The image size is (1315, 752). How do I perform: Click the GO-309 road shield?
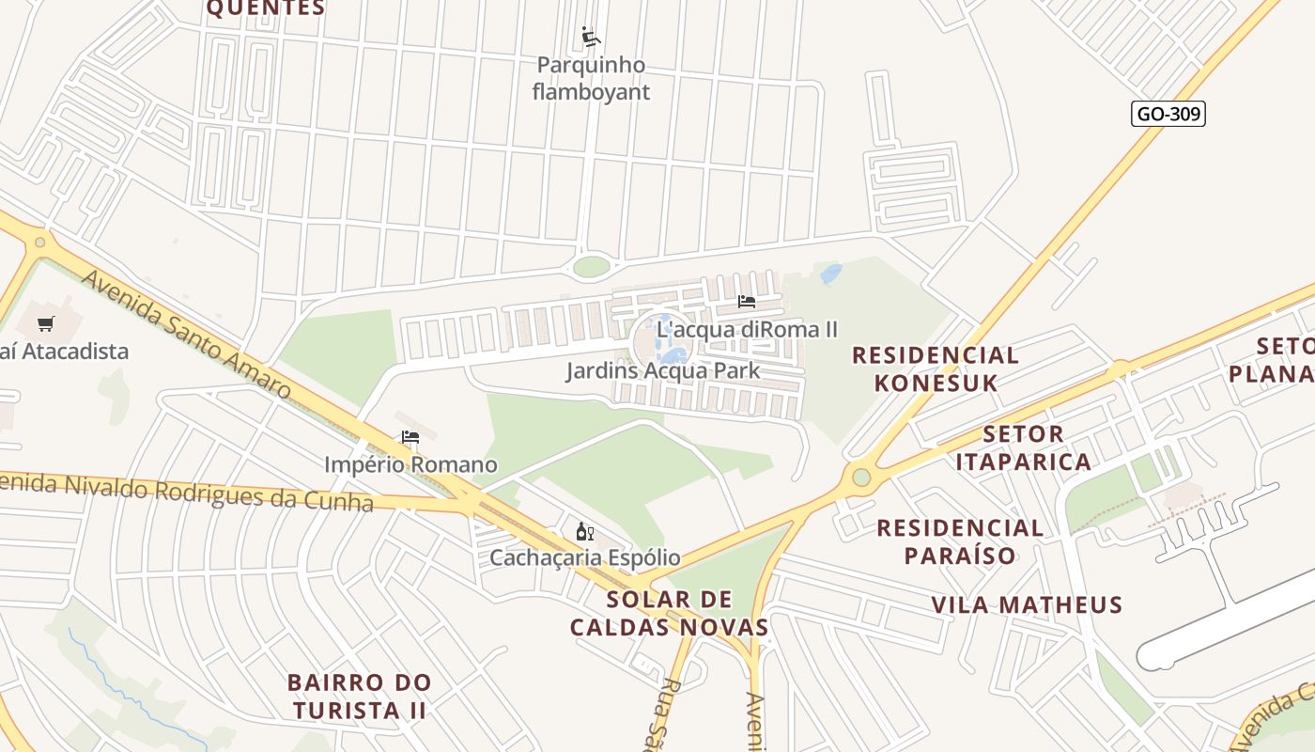point(1168,114)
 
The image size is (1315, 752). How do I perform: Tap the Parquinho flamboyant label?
point(591,79)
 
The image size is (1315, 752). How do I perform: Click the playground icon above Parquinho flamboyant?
point(591,38)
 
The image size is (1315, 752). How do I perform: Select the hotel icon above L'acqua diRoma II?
point(747,302)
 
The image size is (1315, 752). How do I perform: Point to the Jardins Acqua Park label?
point(662,370)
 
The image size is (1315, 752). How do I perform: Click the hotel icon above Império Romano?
point(410,437)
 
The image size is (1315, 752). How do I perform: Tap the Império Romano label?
point(410,464)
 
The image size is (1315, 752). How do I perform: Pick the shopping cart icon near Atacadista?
point(45,324)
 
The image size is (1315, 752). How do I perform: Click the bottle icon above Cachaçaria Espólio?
point(584,532)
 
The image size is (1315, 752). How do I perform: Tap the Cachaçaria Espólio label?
point(584,558)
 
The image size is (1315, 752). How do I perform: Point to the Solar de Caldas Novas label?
point(670,613)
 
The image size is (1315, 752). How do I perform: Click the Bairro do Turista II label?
point(359,696)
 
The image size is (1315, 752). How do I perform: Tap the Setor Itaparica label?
point(1024,447)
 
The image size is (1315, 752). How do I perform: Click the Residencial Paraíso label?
point(960,541)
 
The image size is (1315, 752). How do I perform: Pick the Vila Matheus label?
point(1027,604)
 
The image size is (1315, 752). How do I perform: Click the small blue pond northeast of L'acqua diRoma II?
point(831,274)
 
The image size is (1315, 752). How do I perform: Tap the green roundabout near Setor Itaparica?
point(861,478)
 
